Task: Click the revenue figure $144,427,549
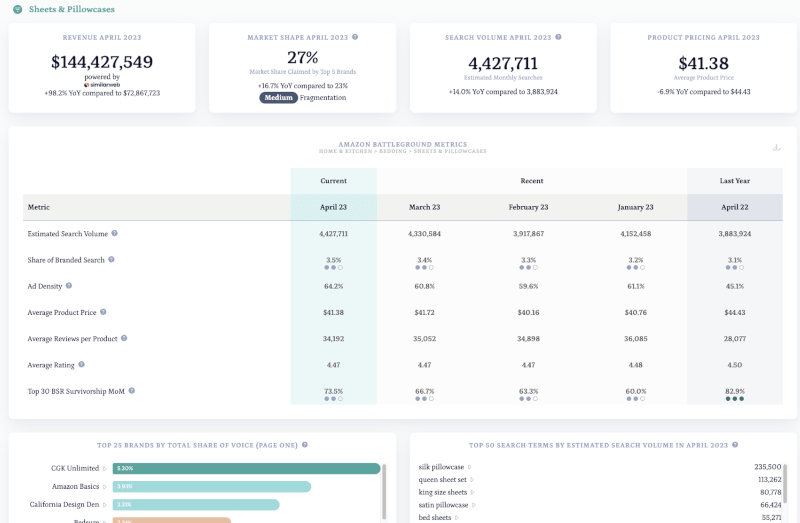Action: click(102, 62)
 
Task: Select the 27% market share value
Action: click(302, 57)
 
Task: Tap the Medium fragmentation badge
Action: click(281, 98)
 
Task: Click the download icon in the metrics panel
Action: click(776, 148)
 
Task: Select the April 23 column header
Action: click(333, 207)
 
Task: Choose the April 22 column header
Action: click(734, 207)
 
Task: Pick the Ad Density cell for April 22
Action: click(734, 286)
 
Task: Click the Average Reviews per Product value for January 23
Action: click(635, 338)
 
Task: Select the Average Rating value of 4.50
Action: click(734, 365)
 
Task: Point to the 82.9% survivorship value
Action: click(734, 391)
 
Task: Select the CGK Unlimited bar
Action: click(247, 468)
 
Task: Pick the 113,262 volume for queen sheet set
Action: click(766, 478)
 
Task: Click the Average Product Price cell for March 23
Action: click(424, 312)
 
